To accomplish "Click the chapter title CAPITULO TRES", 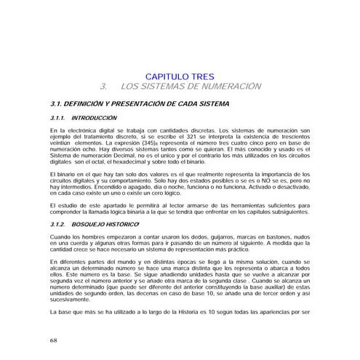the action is [180, 76].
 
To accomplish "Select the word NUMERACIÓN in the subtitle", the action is [225, 87].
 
